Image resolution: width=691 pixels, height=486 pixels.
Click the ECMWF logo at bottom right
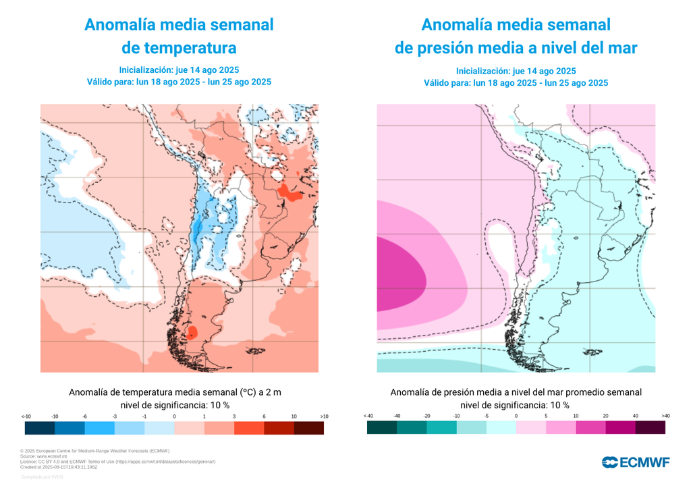point(635,462)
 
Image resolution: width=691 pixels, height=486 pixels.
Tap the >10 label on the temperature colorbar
point(324,416)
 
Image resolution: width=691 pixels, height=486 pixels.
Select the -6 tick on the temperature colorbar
point(84,416)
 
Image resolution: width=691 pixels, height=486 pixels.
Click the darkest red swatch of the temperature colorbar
point(308,428)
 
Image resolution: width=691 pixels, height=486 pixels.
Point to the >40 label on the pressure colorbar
point(665,416)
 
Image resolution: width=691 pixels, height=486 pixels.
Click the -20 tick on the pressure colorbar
point(427,416)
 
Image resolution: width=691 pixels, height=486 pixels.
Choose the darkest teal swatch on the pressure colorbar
point(382,428)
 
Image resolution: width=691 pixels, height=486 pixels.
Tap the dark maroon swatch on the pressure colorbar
point(651,428)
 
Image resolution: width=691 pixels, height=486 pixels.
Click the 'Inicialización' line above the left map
point(179,70)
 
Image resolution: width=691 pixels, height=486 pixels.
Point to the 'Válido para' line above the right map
point(516,83)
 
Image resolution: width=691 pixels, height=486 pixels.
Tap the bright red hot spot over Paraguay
point(291,194)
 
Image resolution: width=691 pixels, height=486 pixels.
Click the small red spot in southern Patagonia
point(192,331)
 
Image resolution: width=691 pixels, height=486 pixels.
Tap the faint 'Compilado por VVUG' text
point(42,477)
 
